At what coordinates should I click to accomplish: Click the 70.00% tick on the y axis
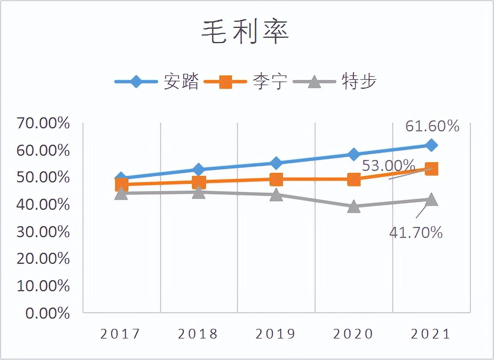pos(43,123)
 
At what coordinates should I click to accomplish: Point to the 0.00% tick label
pos(48,313)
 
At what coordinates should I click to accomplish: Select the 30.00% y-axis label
pos(43,232)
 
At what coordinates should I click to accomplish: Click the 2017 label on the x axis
pos(121,334)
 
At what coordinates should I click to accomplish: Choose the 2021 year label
pos(431,334)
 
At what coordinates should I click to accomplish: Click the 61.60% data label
pos(432,126)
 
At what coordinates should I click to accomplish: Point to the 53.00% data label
pos(388,166)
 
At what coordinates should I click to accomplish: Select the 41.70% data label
pos(416,232)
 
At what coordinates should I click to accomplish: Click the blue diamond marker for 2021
pos(431,145)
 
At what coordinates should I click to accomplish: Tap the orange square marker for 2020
pos(354,179)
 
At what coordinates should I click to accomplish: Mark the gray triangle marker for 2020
pos(354,207)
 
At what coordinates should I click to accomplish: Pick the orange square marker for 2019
pos(276,179)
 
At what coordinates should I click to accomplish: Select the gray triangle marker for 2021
pos(431,199)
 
